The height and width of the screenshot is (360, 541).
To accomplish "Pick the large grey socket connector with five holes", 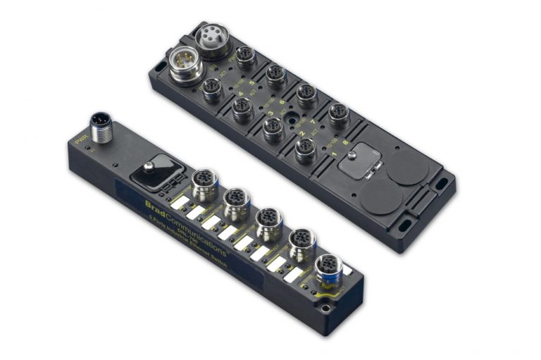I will [212, 39].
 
